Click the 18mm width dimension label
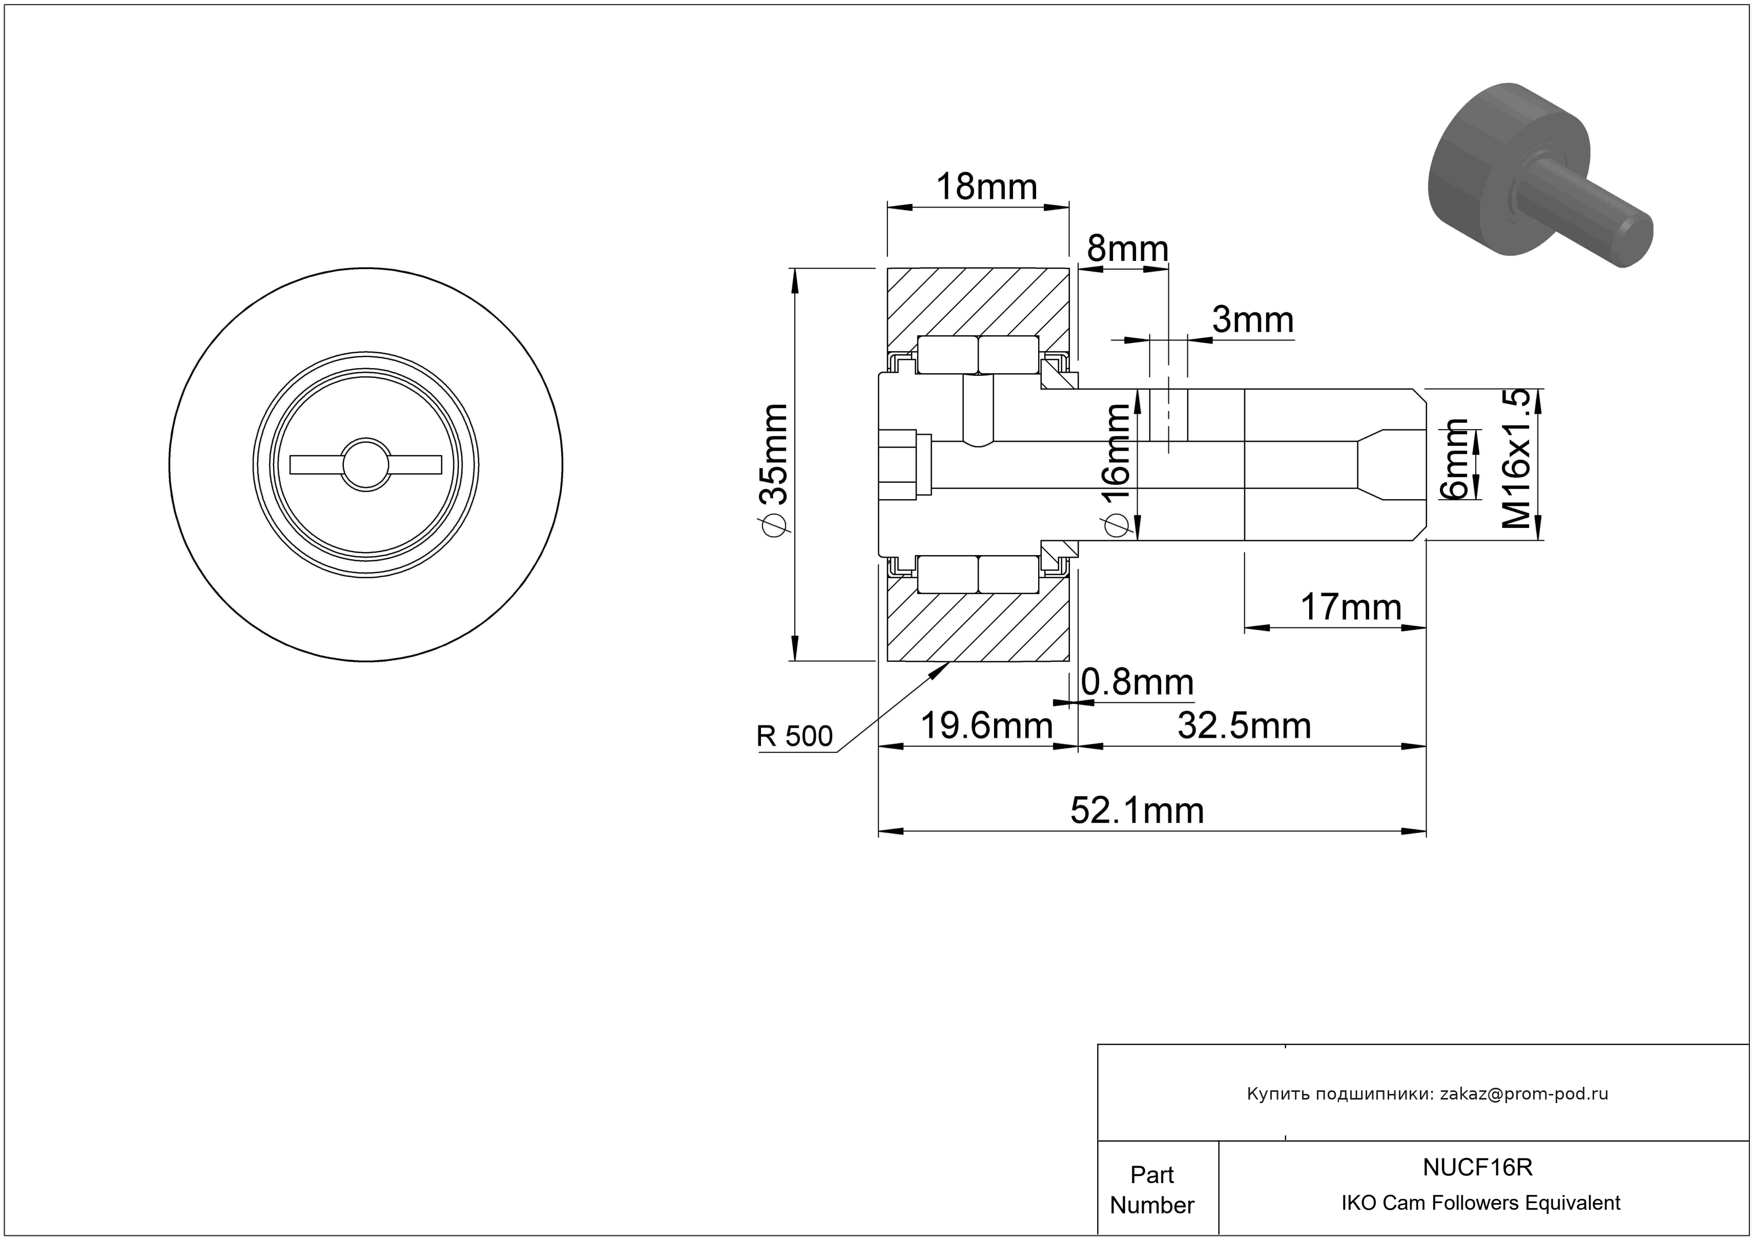coord(986,187)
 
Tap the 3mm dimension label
coord(1253,320)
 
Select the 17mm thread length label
coord(1351,607)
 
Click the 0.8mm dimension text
coord(1137,682)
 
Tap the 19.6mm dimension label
coord(986,726)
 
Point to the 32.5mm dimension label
coord(1244,726)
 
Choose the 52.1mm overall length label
coord(1137,810)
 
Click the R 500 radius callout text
coord(794,737)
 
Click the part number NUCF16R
coord(1477,1167)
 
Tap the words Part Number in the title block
coord(1151,1190)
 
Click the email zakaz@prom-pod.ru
coord(1523,1094)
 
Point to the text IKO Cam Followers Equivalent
coord(1480,1203)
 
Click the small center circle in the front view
coord(365,464)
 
